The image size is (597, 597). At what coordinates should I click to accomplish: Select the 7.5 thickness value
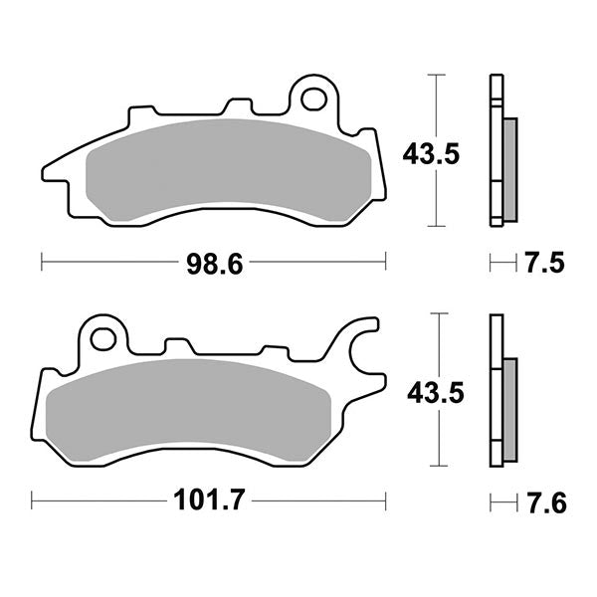point(544,263)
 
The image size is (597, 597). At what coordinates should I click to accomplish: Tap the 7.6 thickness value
point(544,502)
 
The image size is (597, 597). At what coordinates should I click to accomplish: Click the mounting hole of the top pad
point(314,99)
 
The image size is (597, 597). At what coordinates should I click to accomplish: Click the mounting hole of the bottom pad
point(101,338)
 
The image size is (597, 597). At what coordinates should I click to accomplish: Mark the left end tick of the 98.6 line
point(41,263)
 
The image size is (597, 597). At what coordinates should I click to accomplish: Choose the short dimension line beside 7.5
point(502,263)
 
